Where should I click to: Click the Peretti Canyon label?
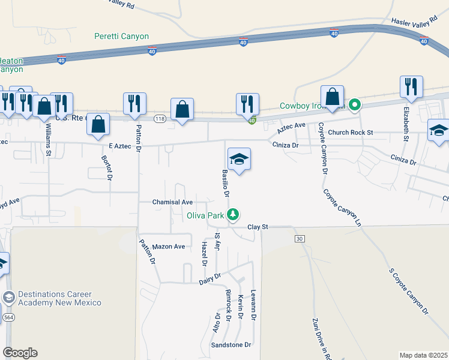(x=121, y=36)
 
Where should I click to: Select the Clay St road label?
(x=257, y=227)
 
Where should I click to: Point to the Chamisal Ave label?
(x=172, y=202)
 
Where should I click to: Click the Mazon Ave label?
(x=169, y=247)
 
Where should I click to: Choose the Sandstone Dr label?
(x=231, y=345)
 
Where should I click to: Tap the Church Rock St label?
(x=351, y=132)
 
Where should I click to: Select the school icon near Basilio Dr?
(x=239, y=159)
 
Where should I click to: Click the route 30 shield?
(x=298, y=239)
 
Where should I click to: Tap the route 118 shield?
(x=159, y=118)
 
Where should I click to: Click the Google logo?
(x=20, y=352)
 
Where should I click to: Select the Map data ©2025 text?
(x=423, y=355)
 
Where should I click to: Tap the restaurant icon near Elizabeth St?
(x=411, y=86)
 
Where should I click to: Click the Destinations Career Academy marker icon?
(x=9, y=297)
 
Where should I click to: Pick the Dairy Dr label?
(x=210, y=278)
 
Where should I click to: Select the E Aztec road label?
(x=119, y=146)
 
